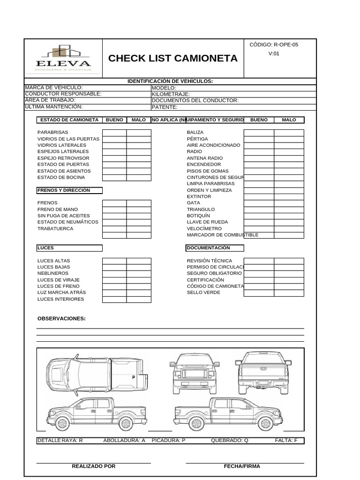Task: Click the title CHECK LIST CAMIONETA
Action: coord(173,59)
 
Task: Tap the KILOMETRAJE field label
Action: coord(171,94)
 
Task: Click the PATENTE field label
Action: coord(165,107)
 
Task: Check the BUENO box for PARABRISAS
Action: coord(114,133)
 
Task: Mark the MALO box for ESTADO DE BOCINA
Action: coord(139,177)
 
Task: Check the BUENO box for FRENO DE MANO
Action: coord(114,210)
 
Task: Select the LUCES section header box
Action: coord(69,248)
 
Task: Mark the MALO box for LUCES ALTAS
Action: coord(139,261)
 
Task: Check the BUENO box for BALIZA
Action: coord(259,133)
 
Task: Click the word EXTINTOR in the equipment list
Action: coord(199,196)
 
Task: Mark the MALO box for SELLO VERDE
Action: coord(289,293)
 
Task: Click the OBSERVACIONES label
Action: coord(61,319)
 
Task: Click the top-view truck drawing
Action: coord(97,375)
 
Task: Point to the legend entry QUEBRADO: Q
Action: coord(230,441)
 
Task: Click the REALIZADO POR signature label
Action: coord(93,466)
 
